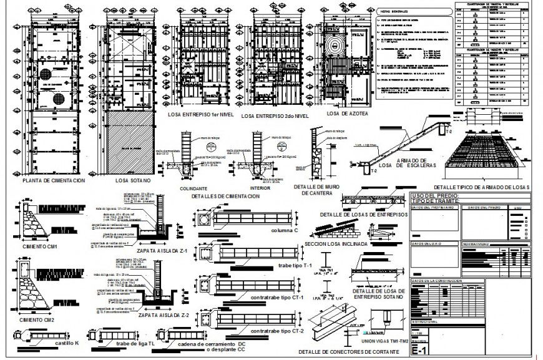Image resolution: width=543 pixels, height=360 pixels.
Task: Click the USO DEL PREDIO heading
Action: click(435, 195)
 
